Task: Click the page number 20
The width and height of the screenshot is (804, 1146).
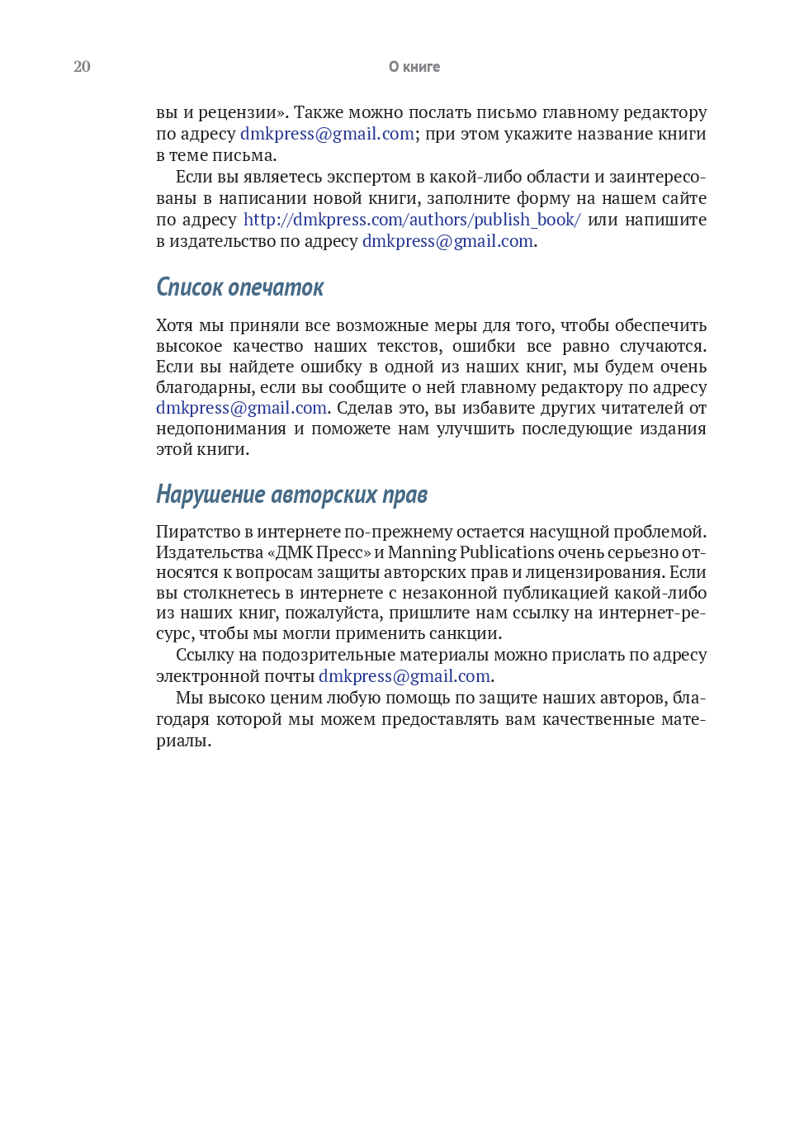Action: point(82,67)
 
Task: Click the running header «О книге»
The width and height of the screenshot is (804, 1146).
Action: point(414,67)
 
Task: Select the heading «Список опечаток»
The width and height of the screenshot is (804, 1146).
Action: point(239,287)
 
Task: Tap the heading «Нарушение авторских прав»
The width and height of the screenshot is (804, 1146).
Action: point(291,495)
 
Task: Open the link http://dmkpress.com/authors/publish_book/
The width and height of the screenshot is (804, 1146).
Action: point(412,220)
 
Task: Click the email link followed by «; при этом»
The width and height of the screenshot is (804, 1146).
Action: point(327,134)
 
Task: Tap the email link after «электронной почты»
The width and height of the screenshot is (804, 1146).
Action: point(404,676)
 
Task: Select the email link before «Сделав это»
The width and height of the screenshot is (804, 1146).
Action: point(241,408)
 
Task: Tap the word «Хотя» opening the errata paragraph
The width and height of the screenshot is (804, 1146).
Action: point(174,325)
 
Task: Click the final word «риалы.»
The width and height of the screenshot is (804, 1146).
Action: point(183,741)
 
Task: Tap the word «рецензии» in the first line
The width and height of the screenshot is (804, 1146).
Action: point(242,112)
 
